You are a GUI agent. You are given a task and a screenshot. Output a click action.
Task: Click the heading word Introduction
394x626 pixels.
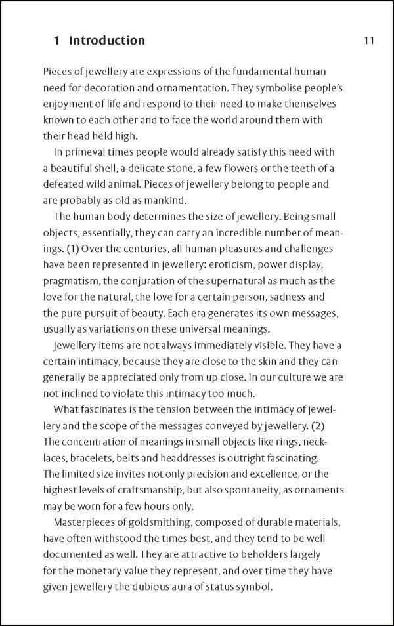click(x=107, y=41)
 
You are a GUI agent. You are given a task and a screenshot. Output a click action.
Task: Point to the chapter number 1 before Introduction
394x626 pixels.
click(x=57, y=41)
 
